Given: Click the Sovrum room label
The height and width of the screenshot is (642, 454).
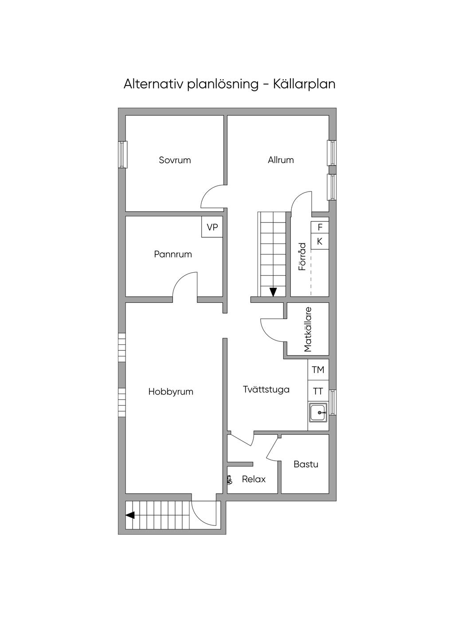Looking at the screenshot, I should (x=175, y=160).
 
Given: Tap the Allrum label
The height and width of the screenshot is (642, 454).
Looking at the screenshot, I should (x=281, y=160).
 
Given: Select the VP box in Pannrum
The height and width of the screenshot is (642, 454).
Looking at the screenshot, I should (x=212, y=227).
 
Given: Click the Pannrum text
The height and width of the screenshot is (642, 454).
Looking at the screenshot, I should (x=173, y=254).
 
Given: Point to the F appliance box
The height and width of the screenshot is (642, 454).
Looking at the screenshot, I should (x=320, y=227).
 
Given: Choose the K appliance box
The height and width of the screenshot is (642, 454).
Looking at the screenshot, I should (x=320, y=242).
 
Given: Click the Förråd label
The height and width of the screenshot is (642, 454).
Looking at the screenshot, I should (x=302, y=257).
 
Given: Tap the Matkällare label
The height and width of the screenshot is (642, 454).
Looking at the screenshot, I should (x=308, y=329).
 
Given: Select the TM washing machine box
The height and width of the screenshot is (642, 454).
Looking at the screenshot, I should (x=318, y=370).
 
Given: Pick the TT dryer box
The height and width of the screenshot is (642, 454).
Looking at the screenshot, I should (x=318, y=391).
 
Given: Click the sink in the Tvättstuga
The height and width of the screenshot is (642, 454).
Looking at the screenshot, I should (x=318, y=413).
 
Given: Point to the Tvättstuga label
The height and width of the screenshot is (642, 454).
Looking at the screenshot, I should (x=266, y=390).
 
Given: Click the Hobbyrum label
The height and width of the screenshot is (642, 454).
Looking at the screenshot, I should (x=171, y=392).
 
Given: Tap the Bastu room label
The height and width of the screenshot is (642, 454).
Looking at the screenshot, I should (x=306, y=465).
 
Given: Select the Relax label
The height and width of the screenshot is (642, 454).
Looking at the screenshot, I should (x=254, y=479).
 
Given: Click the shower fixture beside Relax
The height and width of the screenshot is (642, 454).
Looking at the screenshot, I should (x=229, y=480).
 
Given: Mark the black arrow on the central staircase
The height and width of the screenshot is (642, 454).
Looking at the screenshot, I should (x=273, y=292).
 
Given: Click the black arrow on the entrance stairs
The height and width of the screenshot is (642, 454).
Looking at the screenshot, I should (x=130, y=515).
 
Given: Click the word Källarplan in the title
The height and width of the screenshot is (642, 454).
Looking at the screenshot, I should (x=304, y=84).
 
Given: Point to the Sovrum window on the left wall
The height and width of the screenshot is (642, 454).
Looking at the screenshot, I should (x=122, y=154).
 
